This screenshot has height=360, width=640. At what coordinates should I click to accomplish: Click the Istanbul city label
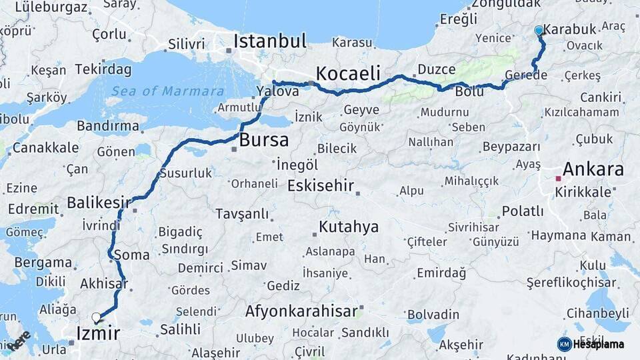click(x=269, y=41)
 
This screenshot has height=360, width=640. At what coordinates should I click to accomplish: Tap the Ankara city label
click(x=593, y=169)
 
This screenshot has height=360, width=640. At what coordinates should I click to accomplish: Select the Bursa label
click(x=264, y=140)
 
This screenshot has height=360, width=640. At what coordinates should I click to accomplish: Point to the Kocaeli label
click(x=348, y=73)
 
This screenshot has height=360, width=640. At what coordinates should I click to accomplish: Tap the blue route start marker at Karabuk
click(x=539, y=30)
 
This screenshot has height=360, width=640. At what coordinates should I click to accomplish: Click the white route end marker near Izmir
click(x=97, y=317)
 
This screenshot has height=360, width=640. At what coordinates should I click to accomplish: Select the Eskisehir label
click(x=321, y=185)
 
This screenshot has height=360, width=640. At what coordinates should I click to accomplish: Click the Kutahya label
click(x=349, y=227)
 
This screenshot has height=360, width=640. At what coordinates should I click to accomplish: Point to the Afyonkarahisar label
click(x=301, y=311)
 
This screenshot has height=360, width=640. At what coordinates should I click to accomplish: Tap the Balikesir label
click(x=99, y=201)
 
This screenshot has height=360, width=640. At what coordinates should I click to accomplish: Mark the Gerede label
click(x=526, y=75)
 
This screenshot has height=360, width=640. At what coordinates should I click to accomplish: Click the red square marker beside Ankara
click(x=559, y=178)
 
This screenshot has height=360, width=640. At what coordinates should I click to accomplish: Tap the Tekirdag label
click(x=101, y=69)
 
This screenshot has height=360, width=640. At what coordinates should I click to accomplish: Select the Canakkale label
click(x=45, y=147)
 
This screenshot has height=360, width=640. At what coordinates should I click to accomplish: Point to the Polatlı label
click(x=523, y=211)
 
